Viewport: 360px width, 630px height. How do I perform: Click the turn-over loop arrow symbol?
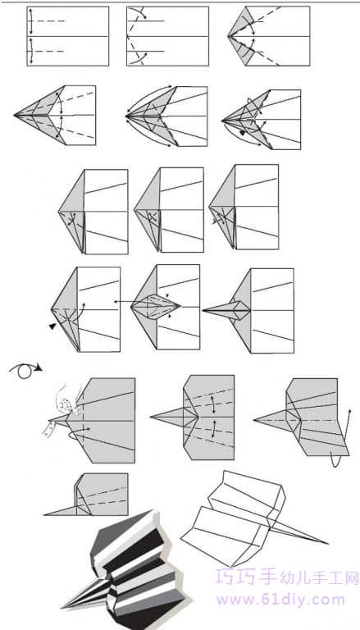pos(25,370)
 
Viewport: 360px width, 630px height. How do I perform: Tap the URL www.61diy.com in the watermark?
pos(280,600)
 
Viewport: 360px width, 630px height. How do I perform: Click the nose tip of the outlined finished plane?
pos(328,544)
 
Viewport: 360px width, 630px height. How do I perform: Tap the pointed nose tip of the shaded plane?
pos(63,607)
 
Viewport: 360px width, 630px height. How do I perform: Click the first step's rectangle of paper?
pos(68,36)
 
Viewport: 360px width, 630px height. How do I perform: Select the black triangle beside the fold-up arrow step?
pos(52,326)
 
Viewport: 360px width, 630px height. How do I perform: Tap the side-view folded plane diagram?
pos(86,495)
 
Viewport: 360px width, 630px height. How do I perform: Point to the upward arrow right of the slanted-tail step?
pos(348,427)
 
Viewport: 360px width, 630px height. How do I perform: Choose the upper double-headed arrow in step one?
pos(30,21)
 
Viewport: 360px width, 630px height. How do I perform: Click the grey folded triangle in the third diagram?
pos(241,36)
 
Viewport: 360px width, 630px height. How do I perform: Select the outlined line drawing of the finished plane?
pos(254,518)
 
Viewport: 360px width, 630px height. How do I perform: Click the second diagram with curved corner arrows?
pos(167,36)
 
